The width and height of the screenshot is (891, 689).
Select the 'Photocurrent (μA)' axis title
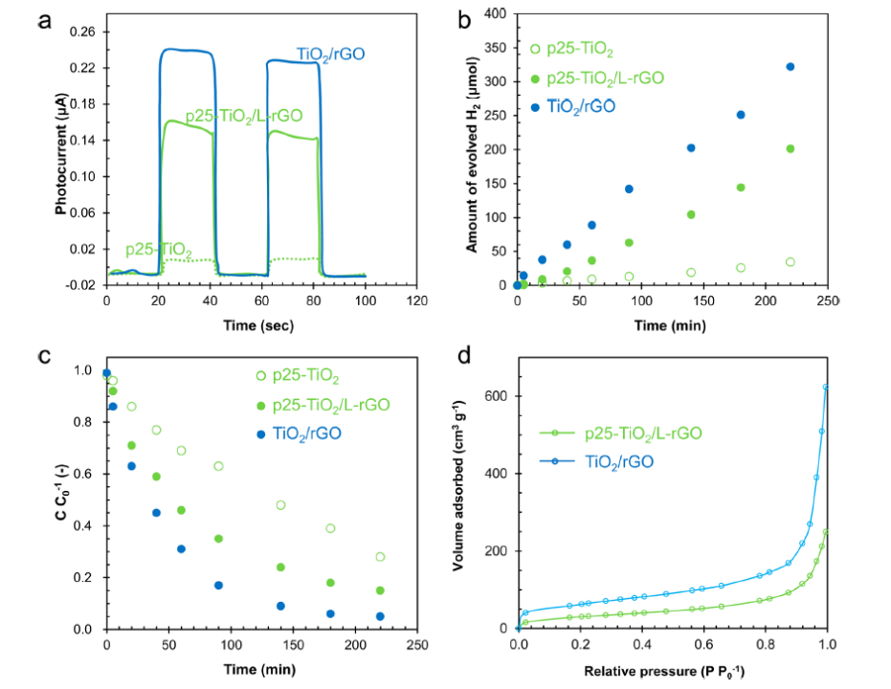pyautogui.click(x=60, y=158)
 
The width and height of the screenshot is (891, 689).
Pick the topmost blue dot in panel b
pyautogui.click(x=790, y=67)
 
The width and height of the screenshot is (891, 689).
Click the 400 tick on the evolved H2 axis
pyautogui.click(x=495, y=13)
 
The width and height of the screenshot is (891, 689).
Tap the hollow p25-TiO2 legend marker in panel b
pyautogui.click(x=535, y=49)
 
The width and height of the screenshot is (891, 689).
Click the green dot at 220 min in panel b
pyautogui.click(x=790, y=148)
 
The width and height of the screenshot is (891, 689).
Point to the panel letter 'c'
pyautogui.click(x=44, y=357)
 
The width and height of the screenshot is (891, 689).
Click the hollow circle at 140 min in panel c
pyautogui.click(x=280, y=505)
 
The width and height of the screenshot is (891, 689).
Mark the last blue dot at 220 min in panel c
pyautogui.click(x=380, y=616)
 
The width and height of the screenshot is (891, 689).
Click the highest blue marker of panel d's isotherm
pyautogui.click(x=825, y=388)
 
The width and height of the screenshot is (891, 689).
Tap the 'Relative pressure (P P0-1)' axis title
pyautogui.click(x=672, y=669)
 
